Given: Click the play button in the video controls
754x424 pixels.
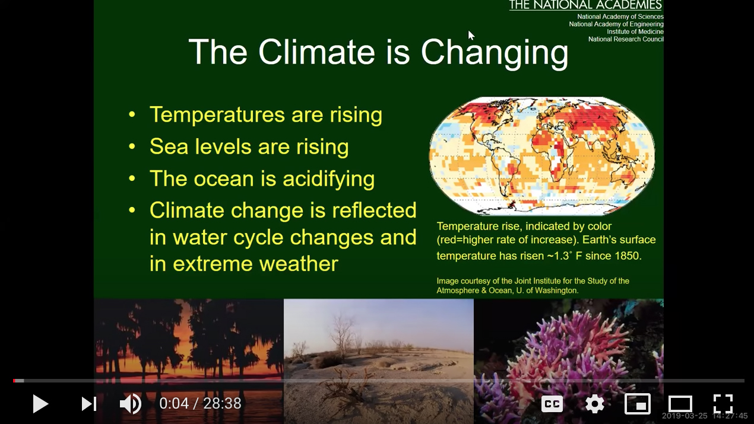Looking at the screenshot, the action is (x=40, y=404).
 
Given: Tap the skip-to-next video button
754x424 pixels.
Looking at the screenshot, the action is (x=89, y=404).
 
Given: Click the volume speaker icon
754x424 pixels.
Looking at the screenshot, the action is (x=131, y=403).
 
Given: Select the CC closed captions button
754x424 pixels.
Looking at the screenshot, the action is (x=552, y=404).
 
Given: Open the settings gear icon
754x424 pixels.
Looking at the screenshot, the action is (x=595, y=404).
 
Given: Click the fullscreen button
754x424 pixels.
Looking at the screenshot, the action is (x=723, y=404).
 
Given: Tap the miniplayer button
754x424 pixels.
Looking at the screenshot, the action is (x=638, y=404).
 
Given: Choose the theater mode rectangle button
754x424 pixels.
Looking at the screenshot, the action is (x=680, y=404).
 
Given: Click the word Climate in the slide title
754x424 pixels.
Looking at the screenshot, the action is (x=316, y=52).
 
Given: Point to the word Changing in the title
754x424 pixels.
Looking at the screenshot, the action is (x=495, y=53).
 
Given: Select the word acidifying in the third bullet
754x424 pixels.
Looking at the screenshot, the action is (x=328, y=178).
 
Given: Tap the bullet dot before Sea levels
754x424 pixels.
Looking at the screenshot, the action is (x=132, y=146).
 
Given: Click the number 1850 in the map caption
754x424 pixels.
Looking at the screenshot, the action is (x=628, y=256).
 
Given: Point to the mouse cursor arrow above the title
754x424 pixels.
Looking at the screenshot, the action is (x=471, y=36).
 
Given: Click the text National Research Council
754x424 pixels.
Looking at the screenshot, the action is (x=626, y=39).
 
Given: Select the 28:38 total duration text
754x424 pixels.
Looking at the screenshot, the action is (x=222, y=403).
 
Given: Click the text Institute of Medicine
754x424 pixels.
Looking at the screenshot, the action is (x=635, y=31).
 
